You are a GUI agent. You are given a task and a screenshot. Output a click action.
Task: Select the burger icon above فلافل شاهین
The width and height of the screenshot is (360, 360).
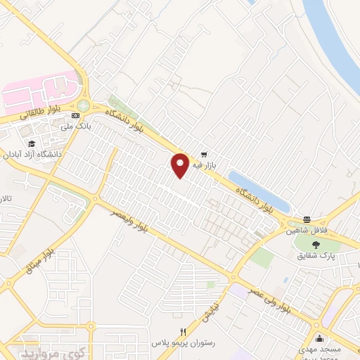tap(307, 219)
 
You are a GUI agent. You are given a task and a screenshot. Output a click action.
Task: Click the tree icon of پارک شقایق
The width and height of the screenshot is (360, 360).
tap(316, 245)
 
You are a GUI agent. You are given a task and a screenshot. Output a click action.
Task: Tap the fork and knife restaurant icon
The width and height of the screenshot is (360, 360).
tap(184, 333)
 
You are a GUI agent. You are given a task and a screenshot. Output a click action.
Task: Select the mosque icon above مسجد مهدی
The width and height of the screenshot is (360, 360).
tap(319, 338)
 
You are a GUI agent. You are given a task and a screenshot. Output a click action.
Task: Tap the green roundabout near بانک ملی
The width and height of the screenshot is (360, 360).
tap(84, 105)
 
